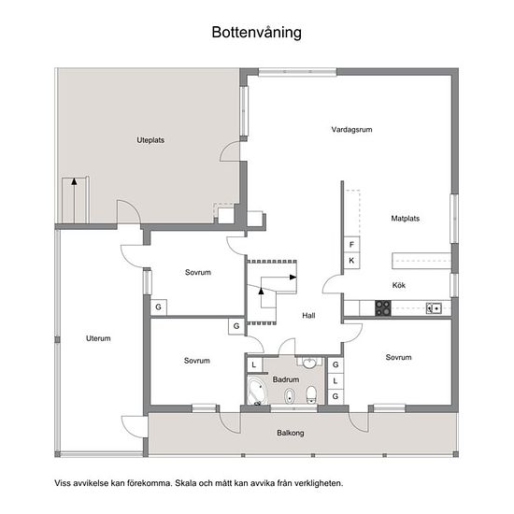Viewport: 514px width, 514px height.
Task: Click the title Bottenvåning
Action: (257, 33)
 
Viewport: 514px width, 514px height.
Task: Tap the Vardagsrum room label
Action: (351, 130)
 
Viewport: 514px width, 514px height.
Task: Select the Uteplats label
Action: (150, 140)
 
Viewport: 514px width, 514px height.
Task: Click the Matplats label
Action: (406, 219)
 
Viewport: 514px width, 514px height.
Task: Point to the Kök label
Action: (399, 285)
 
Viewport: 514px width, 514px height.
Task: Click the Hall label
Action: (308, 315)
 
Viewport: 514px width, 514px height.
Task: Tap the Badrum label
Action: (286, 379)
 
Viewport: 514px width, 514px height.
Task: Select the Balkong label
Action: (291, 433)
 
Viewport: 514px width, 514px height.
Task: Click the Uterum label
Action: (98, 338)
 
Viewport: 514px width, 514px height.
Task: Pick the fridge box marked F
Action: (351, 245)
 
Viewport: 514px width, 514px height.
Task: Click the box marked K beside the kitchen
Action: (351, 261)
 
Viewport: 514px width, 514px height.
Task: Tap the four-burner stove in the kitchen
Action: (383, 308)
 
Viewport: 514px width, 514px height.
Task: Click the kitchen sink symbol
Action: (434, 308)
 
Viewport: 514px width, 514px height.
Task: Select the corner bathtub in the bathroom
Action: (257, 392)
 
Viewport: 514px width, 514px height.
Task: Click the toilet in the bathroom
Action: (311, 394)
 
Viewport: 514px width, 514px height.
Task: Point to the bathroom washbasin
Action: (308, 363)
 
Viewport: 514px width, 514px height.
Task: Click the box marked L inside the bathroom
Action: (254, 364)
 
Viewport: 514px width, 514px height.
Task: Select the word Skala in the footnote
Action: (186, 483)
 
